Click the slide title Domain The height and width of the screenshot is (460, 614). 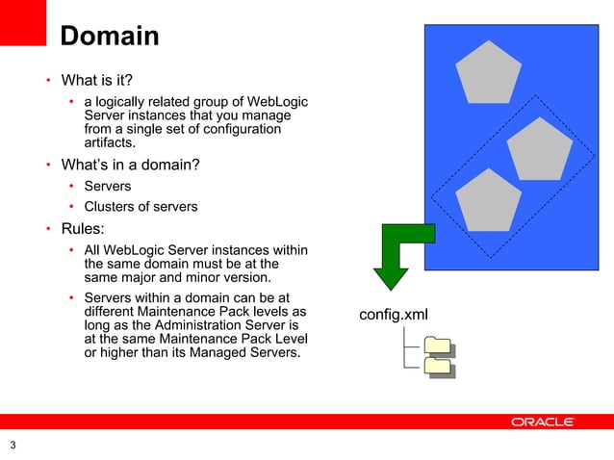(109, 37)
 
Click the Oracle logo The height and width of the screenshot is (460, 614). (543, 422)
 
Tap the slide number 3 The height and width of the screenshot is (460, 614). (13, 444)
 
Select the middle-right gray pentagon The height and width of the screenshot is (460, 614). (539, 148)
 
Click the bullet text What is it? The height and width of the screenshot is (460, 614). (96, 79)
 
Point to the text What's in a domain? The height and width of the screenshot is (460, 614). (130, 165)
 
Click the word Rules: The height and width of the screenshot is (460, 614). (84, 229)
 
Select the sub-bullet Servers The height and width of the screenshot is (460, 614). (108, 186)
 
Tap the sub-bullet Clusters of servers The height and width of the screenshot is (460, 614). (141, 206)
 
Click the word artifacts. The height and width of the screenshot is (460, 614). (110, 143)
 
